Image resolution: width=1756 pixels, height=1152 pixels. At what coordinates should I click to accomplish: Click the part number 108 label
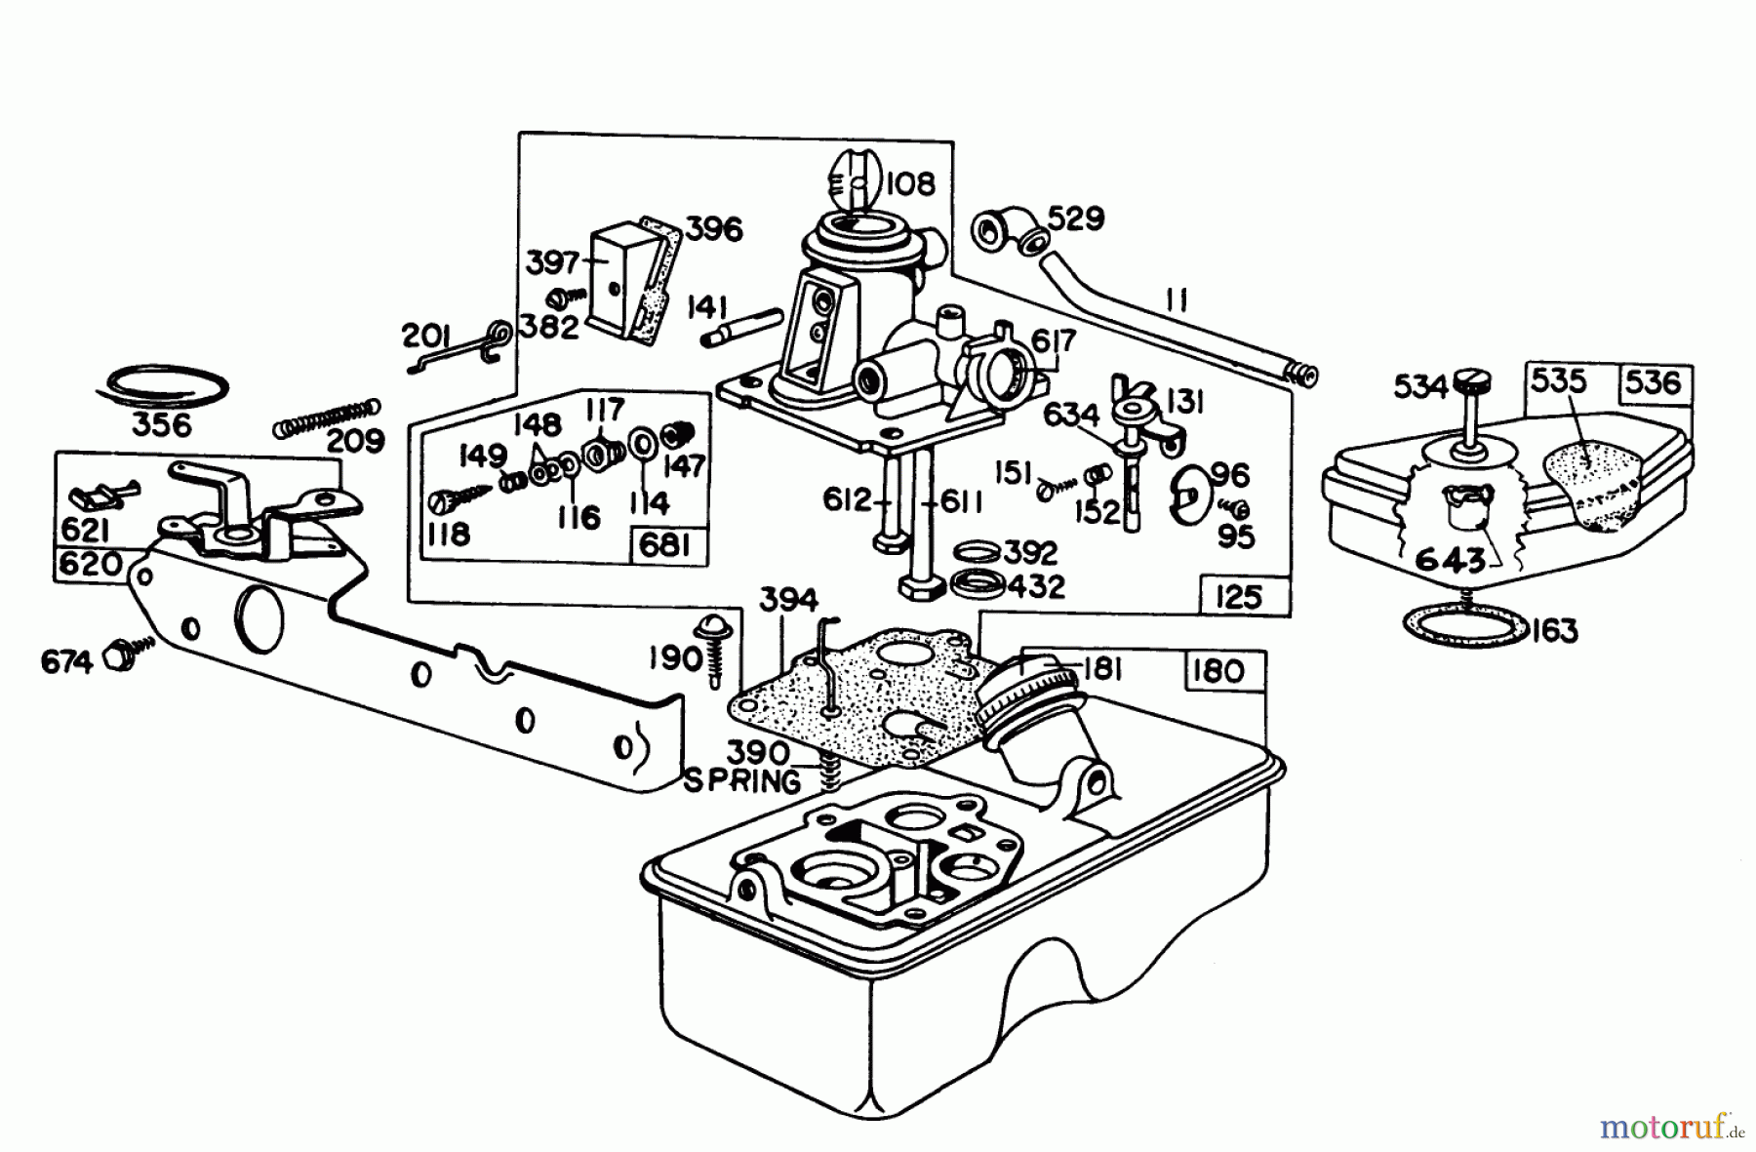pyautogui.click(x=911, y=183)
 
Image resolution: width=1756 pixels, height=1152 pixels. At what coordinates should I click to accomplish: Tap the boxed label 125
pyautogui.click(x=1238, y=595)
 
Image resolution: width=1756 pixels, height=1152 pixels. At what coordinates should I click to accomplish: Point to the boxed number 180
pyautogui.click(x=1218, y=671)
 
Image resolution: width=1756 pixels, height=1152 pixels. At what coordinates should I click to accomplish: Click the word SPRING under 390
pyautogui.click(x=741, y=781)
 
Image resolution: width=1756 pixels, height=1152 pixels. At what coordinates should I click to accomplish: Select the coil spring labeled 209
pyautogui.click(x=325, y=417)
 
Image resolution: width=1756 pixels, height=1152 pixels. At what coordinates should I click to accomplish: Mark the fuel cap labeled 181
pyautogui.click(x=1019, y=688)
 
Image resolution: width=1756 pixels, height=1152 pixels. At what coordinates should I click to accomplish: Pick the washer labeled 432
pyautogui.click(x=976, y=586)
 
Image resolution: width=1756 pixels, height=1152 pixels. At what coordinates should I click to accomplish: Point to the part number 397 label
pyautogui.click(x=553, y=263)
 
